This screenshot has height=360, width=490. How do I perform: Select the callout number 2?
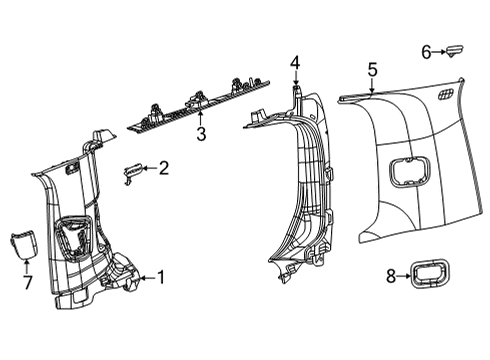163,169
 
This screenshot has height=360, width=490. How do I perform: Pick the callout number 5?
371,69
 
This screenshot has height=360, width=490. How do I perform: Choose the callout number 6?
424,50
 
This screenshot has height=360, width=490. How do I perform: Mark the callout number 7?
26,284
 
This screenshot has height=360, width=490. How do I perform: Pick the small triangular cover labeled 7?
24,243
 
